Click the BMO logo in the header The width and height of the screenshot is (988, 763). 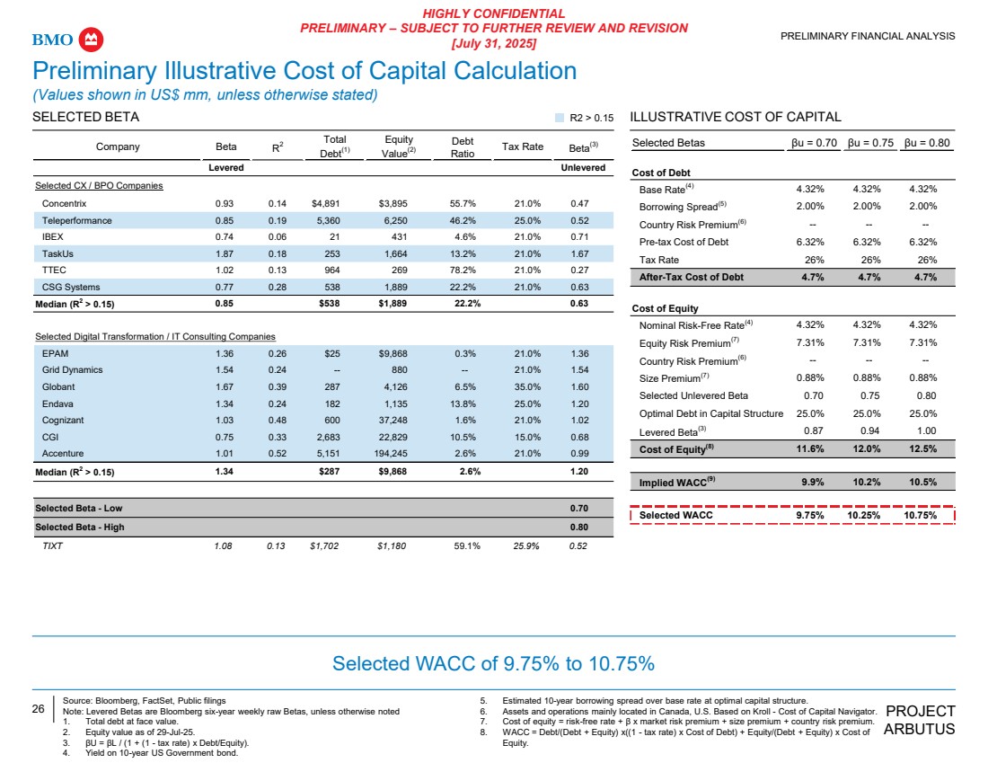click(x=68, y=40)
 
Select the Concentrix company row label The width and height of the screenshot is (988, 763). click(x=64, y=204)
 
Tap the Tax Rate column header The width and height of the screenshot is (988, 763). click(x=523, y=146)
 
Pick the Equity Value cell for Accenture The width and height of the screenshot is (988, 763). click(x=399, y=454)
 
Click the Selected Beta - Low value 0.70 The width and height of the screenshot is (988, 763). click(x=579, y=509)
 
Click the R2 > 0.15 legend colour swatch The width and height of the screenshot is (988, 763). click(x=560, y=118)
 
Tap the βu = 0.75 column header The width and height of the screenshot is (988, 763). click(x=870, y=143)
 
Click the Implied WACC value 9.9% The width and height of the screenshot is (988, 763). click(x=812, y=482)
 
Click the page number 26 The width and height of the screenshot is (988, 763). click(x=39, y=709)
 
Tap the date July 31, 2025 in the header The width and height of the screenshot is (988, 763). click(x=493, y=43)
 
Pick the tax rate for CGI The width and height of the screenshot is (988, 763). click(x=523, y=437)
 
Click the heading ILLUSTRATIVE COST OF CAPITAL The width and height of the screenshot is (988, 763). click(x=736, y=118)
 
